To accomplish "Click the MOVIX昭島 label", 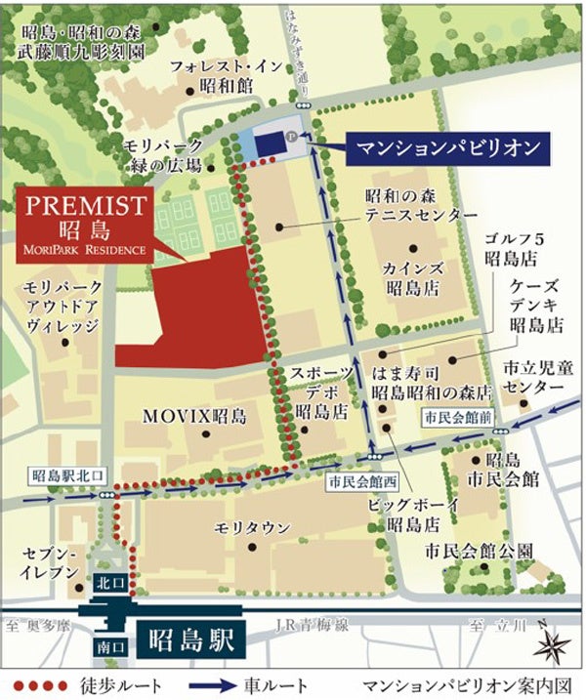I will [194, 416].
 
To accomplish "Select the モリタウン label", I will [252, 527].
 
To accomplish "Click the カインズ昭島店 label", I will [410, 278].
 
